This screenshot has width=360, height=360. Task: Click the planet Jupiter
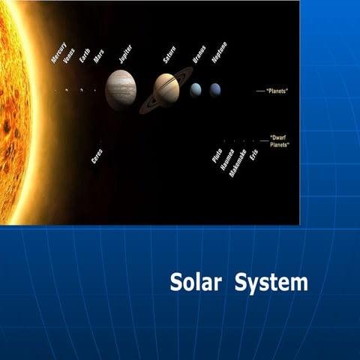pos(120,90)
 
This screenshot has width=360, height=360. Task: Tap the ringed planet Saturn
pos(166,89)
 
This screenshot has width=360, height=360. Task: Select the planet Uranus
pos(196,90)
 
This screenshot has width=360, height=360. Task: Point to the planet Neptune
pos(215,90)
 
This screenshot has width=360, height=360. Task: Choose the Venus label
pos(70,55)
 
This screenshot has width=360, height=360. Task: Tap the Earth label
pos(85,57)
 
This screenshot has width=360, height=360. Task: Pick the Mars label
pos(98,57)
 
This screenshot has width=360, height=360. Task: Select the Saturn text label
pos(169,55)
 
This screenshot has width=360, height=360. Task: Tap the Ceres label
pos(97,156)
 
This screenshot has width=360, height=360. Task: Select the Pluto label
pos(217,156)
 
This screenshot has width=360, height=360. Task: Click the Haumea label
pos(226,160)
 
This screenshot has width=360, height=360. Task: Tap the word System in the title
pos(271,283)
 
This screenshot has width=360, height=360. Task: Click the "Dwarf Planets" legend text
pos(280,141)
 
